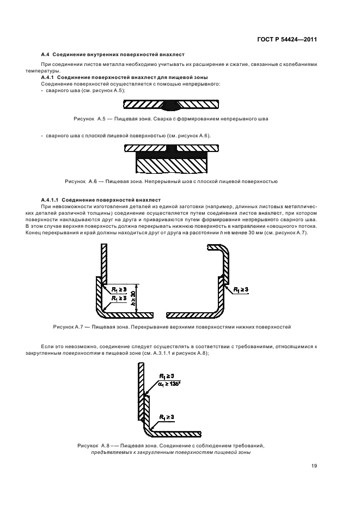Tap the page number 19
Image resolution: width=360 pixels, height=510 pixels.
(315, 466)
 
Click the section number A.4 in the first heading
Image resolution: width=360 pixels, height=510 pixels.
(45, 55)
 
